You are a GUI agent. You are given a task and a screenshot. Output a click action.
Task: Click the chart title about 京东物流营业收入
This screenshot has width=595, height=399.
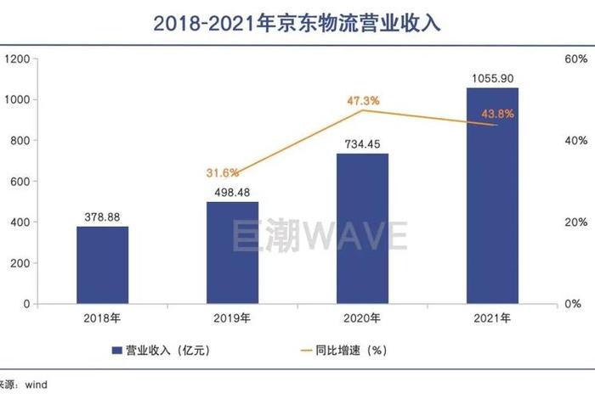(297, 23)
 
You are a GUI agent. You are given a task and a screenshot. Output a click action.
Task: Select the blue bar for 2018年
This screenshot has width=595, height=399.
(102, 265)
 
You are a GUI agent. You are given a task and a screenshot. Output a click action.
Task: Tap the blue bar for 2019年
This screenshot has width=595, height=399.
(232, 252)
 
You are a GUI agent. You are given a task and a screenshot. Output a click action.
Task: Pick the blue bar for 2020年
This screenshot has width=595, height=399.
(362, 228)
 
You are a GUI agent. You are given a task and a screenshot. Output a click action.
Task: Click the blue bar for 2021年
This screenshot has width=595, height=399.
(492, 195)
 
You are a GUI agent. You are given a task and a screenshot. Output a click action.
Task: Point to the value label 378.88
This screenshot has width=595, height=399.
(102, 216)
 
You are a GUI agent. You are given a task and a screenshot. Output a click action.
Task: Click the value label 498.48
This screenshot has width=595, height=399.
(232, 192)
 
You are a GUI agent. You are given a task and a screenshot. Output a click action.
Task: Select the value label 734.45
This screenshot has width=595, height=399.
(362, 144)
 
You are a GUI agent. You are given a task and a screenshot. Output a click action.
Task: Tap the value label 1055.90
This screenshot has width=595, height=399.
(492, 79)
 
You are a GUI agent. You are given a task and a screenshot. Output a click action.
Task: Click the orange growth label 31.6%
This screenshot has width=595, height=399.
(223, 173)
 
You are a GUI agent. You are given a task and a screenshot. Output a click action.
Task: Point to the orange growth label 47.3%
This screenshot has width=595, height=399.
(363, 101)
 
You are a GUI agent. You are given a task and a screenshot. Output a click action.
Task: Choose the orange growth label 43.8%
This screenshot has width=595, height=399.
(497, 115)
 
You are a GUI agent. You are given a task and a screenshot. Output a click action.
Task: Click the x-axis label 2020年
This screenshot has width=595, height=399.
(362, 319)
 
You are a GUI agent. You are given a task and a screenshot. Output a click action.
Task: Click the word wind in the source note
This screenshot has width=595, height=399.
(36, 385)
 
